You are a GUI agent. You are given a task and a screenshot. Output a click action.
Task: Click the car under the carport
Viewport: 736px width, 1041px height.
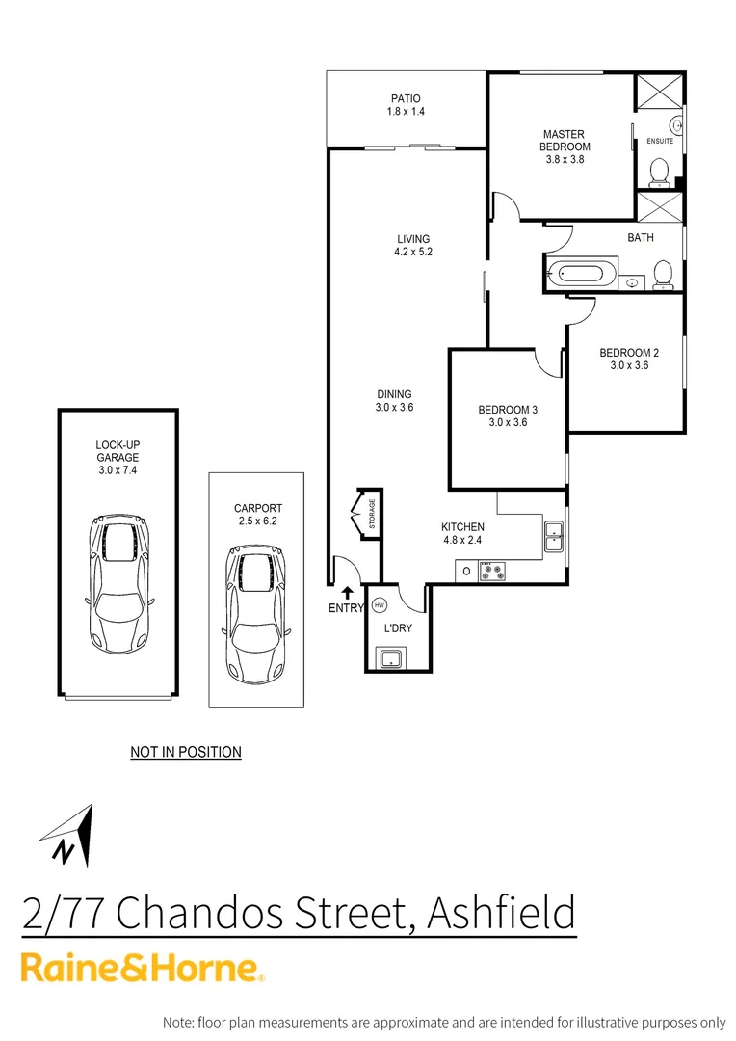[256, 611]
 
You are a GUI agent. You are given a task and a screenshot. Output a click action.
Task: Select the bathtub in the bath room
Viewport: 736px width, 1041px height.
[579, 274]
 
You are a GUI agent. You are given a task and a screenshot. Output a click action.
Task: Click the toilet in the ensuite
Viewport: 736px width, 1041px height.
[660, 173]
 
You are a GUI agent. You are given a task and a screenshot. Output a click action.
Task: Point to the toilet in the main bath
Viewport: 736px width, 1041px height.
[663, 274]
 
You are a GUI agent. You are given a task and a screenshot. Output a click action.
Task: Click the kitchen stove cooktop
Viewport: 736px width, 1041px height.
[494, 571]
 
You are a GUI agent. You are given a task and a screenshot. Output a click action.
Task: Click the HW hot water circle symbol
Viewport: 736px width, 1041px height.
[379, 605]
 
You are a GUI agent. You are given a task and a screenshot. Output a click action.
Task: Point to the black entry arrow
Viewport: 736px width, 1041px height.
[347, 592]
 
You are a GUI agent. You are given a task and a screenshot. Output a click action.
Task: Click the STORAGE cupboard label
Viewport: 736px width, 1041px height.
[372, 515]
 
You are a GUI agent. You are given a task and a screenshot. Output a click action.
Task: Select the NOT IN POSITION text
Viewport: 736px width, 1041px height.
[186, 751]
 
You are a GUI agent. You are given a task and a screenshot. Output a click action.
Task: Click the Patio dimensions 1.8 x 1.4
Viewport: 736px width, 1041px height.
[406, 112]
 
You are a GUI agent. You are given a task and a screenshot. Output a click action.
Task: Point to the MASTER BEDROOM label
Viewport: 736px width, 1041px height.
[564, 141]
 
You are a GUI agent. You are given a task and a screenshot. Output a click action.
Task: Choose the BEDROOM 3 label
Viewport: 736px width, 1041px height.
[508, 410]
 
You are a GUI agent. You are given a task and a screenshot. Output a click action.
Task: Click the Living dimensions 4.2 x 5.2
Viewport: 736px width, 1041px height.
[412, 253]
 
